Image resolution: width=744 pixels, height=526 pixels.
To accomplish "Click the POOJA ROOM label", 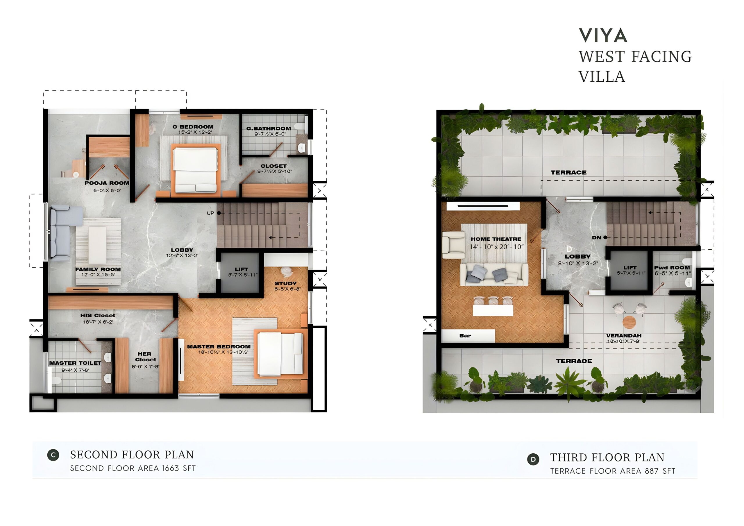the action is click(x=107, y=183).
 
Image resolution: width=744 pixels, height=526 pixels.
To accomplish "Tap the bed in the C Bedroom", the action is click(x=196, y=170).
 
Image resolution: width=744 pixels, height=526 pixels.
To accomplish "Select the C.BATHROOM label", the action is click(x=269, y=129).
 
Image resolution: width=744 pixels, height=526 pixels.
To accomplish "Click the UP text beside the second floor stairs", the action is click(x=211, y=213).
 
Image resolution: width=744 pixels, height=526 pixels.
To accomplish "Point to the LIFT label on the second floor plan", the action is click(x=242, y=269).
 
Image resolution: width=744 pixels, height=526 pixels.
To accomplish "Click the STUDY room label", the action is click(x=285, y=283).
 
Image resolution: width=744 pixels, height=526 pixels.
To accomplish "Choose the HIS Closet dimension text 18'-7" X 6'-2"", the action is click(x=98, y=322).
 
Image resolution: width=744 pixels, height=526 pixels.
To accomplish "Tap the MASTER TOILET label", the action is click(x=75, y=363).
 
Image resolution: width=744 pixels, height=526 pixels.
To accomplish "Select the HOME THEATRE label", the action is click(x=496, y=239).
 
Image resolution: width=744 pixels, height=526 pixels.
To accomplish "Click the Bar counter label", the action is click(x=465, y=336).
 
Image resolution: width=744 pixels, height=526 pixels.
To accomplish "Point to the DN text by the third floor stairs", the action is click(x=597, y=237).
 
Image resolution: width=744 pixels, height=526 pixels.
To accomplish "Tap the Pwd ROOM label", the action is click(x=672, y=268).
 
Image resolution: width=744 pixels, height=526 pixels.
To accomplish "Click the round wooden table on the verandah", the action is click(x=629, y=322).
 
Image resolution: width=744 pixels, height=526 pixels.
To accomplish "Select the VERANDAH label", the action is click(x=624, y=336).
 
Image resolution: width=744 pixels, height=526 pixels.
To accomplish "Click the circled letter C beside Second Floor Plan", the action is click(x=53, y=455).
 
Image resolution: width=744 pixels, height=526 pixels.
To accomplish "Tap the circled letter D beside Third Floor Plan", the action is click(x=533, y=459).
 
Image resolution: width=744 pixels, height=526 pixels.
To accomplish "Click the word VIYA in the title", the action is click(x=603, y=35).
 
